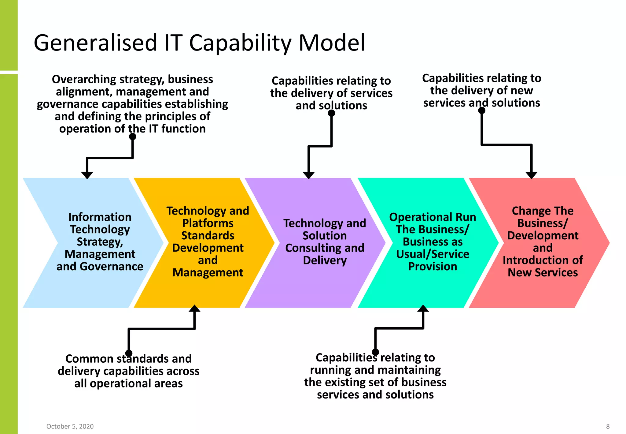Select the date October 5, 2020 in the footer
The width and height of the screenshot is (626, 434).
click(70, 426)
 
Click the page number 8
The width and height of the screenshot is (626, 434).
click(608, 426)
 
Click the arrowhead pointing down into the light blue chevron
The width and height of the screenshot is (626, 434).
click(87, 175)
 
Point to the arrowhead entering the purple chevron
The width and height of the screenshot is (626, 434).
click(309, 175)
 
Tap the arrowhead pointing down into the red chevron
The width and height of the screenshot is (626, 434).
click(532, 175)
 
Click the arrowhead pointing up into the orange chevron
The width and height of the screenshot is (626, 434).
click(194, 309)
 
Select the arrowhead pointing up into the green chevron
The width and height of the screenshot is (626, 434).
click(423, 309)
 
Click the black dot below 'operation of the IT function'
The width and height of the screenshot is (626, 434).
click(133, 137)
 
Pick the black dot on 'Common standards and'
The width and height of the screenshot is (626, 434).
click(129, 353)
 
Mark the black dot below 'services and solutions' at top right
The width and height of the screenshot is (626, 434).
click(482, 110)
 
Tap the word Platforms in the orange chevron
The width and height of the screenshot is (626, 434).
click(208, 223)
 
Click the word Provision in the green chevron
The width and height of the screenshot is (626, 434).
click(433, 267)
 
